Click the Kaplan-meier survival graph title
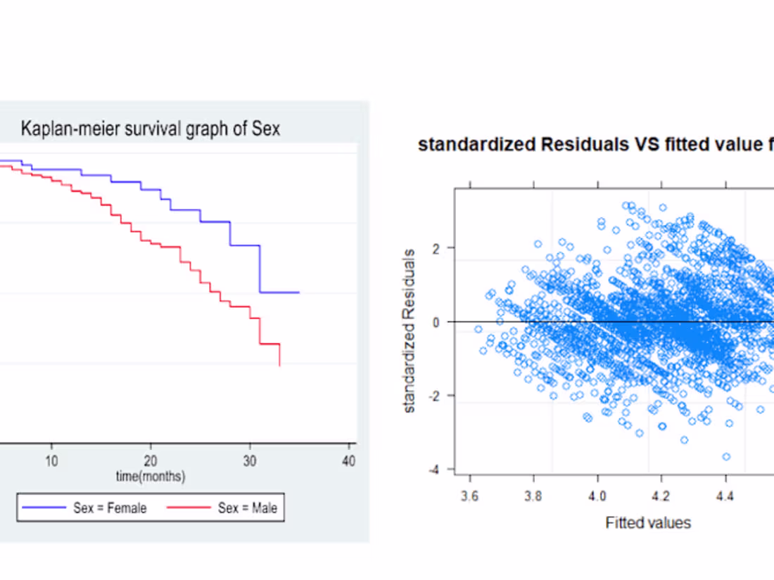point(150,129)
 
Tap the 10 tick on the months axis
point(51,461)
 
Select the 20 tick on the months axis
point(150,461)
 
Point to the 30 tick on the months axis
point(250,461)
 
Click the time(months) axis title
point(151,477)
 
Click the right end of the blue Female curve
point(299,292)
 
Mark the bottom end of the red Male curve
point(280,366)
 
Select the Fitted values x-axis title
point(648,522)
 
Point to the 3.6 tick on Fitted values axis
point(470,496)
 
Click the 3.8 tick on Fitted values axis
point(534,496)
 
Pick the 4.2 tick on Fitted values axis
point(661,496)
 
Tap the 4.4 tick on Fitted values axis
point(725,496)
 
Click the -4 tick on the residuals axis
point(437,470)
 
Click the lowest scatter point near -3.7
point(726,456)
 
